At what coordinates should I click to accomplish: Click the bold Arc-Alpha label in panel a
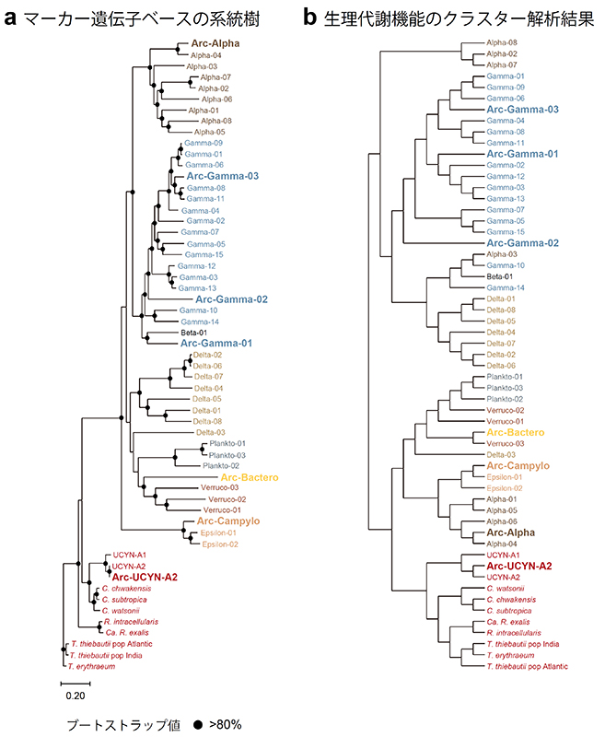(215, 43)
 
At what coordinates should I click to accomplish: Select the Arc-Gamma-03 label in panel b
(523, 110)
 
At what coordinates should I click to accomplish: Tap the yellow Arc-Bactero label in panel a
(250, 477)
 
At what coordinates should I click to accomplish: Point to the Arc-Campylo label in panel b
(518, 466)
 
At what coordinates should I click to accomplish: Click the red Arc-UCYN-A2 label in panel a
(145, 578)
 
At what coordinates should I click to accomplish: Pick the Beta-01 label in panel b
(500, 277)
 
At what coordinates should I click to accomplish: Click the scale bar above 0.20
(76, 683)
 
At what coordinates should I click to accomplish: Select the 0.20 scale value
(76, 696)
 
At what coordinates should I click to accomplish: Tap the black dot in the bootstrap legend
(198, 725)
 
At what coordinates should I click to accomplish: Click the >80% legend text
(226, 725)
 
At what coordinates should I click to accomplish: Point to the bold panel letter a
(10, 18)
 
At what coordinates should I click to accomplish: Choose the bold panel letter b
(309, 17)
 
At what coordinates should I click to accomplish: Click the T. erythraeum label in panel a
(91, 666)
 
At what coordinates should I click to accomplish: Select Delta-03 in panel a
(211, 432)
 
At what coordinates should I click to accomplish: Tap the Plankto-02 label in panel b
(505, 399)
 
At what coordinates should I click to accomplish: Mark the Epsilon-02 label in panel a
(220, 544)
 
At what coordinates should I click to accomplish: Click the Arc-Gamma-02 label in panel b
(523, 243)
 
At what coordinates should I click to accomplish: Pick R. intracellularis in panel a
(131, 621)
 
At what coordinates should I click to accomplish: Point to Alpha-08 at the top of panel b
(502, 42)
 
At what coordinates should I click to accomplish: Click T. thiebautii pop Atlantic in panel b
(527, 666)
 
